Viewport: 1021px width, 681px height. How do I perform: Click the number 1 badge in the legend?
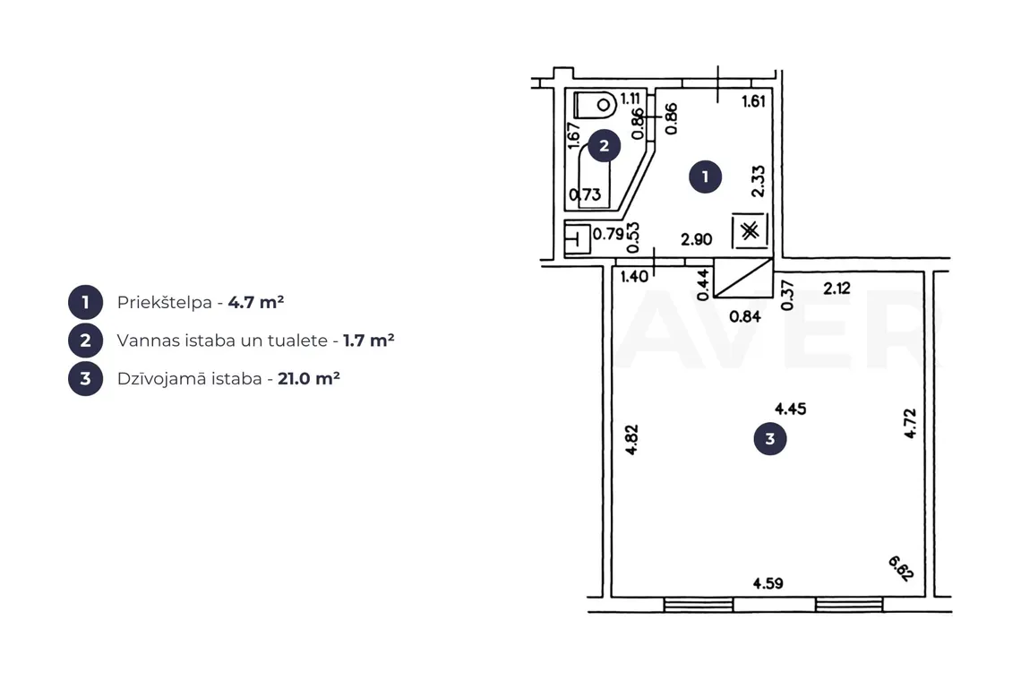pos(85,302)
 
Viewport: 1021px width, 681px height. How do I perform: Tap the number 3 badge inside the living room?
pos(769,438)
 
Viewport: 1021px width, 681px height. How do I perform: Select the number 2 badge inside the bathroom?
pos(604,145)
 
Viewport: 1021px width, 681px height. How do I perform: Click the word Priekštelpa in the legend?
pos(165,302)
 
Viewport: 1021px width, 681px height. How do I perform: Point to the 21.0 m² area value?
pos(309,379)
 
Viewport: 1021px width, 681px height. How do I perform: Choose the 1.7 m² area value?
pos(369,340)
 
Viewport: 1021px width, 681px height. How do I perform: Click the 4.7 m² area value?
pos(256,302)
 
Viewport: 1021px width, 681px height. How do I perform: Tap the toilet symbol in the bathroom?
pos(596,105)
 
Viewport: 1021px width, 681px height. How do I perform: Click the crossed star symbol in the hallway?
pos(751,230)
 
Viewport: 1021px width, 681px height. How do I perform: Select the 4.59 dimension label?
pos(768,583)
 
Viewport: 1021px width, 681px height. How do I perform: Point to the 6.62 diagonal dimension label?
pos(901,567)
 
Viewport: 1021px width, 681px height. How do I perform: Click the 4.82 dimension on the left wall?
pos(631,440)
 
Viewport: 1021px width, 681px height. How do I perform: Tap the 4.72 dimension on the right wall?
pos(910,423)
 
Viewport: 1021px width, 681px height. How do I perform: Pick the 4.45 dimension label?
pos(791,409)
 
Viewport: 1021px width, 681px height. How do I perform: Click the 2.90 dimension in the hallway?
pos(696,240)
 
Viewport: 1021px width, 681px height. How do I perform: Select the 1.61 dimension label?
pos(753,101)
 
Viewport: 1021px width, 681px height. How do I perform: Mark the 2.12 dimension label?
pos(837,288)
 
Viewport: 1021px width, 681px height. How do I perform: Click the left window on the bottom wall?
pos(698,605)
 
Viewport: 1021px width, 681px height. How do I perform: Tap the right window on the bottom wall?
pos(848,605)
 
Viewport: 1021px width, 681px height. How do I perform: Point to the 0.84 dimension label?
pos(745,316)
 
